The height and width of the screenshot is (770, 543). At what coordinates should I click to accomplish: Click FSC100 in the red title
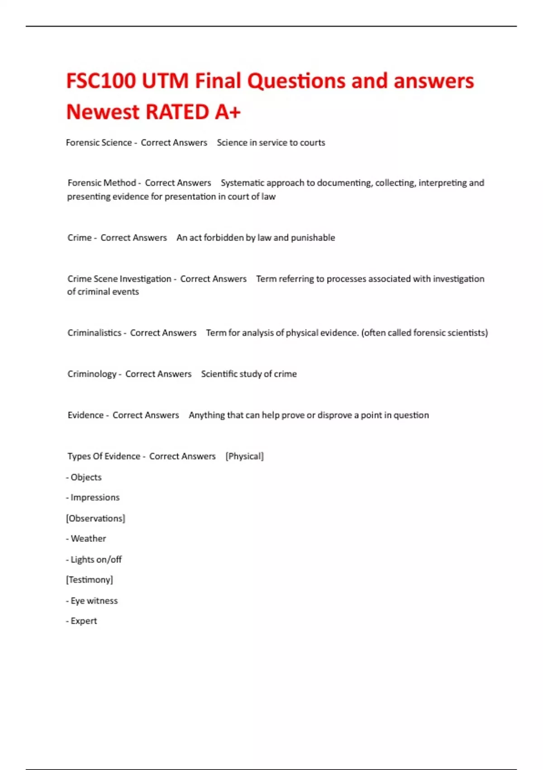point(100,81)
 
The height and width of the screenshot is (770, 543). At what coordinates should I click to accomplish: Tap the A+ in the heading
point(228,112)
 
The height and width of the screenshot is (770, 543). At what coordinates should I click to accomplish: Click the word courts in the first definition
point(312,143)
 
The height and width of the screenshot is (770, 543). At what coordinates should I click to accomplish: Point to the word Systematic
point(243,183)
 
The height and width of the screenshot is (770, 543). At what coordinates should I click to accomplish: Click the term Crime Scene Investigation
point(119,279)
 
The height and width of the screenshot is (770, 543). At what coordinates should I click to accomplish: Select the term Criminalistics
point(94,333)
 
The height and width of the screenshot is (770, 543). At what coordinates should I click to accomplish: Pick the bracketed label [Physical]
point(244,457)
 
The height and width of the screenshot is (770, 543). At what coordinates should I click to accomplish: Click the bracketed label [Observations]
point(95,519)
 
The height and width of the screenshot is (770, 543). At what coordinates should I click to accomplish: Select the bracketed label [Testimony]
point(90,580)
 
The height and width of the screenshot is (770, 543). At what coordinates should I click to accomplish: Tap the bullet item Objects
point(86,477)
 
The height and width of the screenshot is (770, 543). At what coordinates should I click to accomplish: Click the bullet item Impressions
point(95,498)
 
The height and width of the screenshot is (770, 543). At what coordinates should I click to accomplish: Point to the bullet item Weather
point(88,539)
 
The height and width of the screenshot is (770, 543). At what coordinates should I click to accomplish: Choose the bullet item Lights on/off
point(96,560)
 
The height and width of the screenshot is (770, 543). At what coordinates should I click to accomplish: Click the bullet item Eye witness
point(94,601)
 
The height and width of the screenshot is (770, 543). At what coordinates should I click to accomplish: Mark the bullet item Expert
point(84,621)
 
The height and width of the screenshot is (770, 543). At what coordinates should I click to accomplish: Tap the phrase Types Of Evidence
point(104,457)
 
